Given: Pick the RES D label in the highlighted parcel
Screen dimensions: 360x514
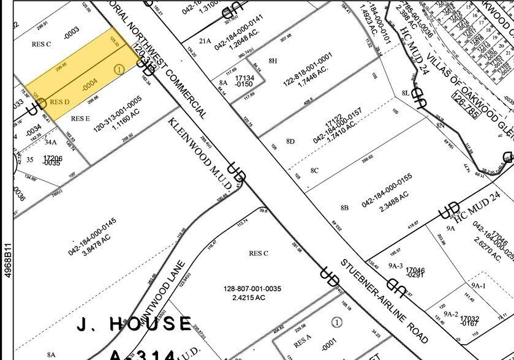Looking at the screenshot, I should tap(59, 100).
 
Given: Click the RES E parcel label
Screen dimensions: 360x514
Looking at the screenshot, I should tap(80, 119).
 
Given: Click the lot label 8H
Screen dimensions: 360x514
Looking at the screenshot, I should tap(273, 61).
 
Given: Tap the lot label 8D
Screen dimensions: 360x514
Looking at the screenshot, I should tap(290, 141).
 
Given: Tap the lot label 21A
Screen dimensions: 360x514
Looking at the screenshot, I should tap(204, 41).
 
